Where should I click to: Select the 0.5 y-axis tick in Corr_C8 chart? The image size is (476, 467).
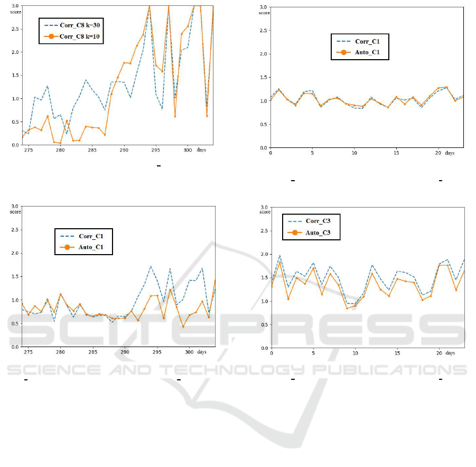pos(16,122)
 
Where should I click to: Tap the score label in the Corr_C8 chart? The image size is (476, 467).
pos(16,12)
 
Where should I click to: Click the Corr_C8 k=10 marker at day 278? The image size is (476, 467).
pos(48,116)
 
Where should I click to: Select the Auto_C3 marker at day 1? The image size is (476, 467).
pos(279,262)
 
